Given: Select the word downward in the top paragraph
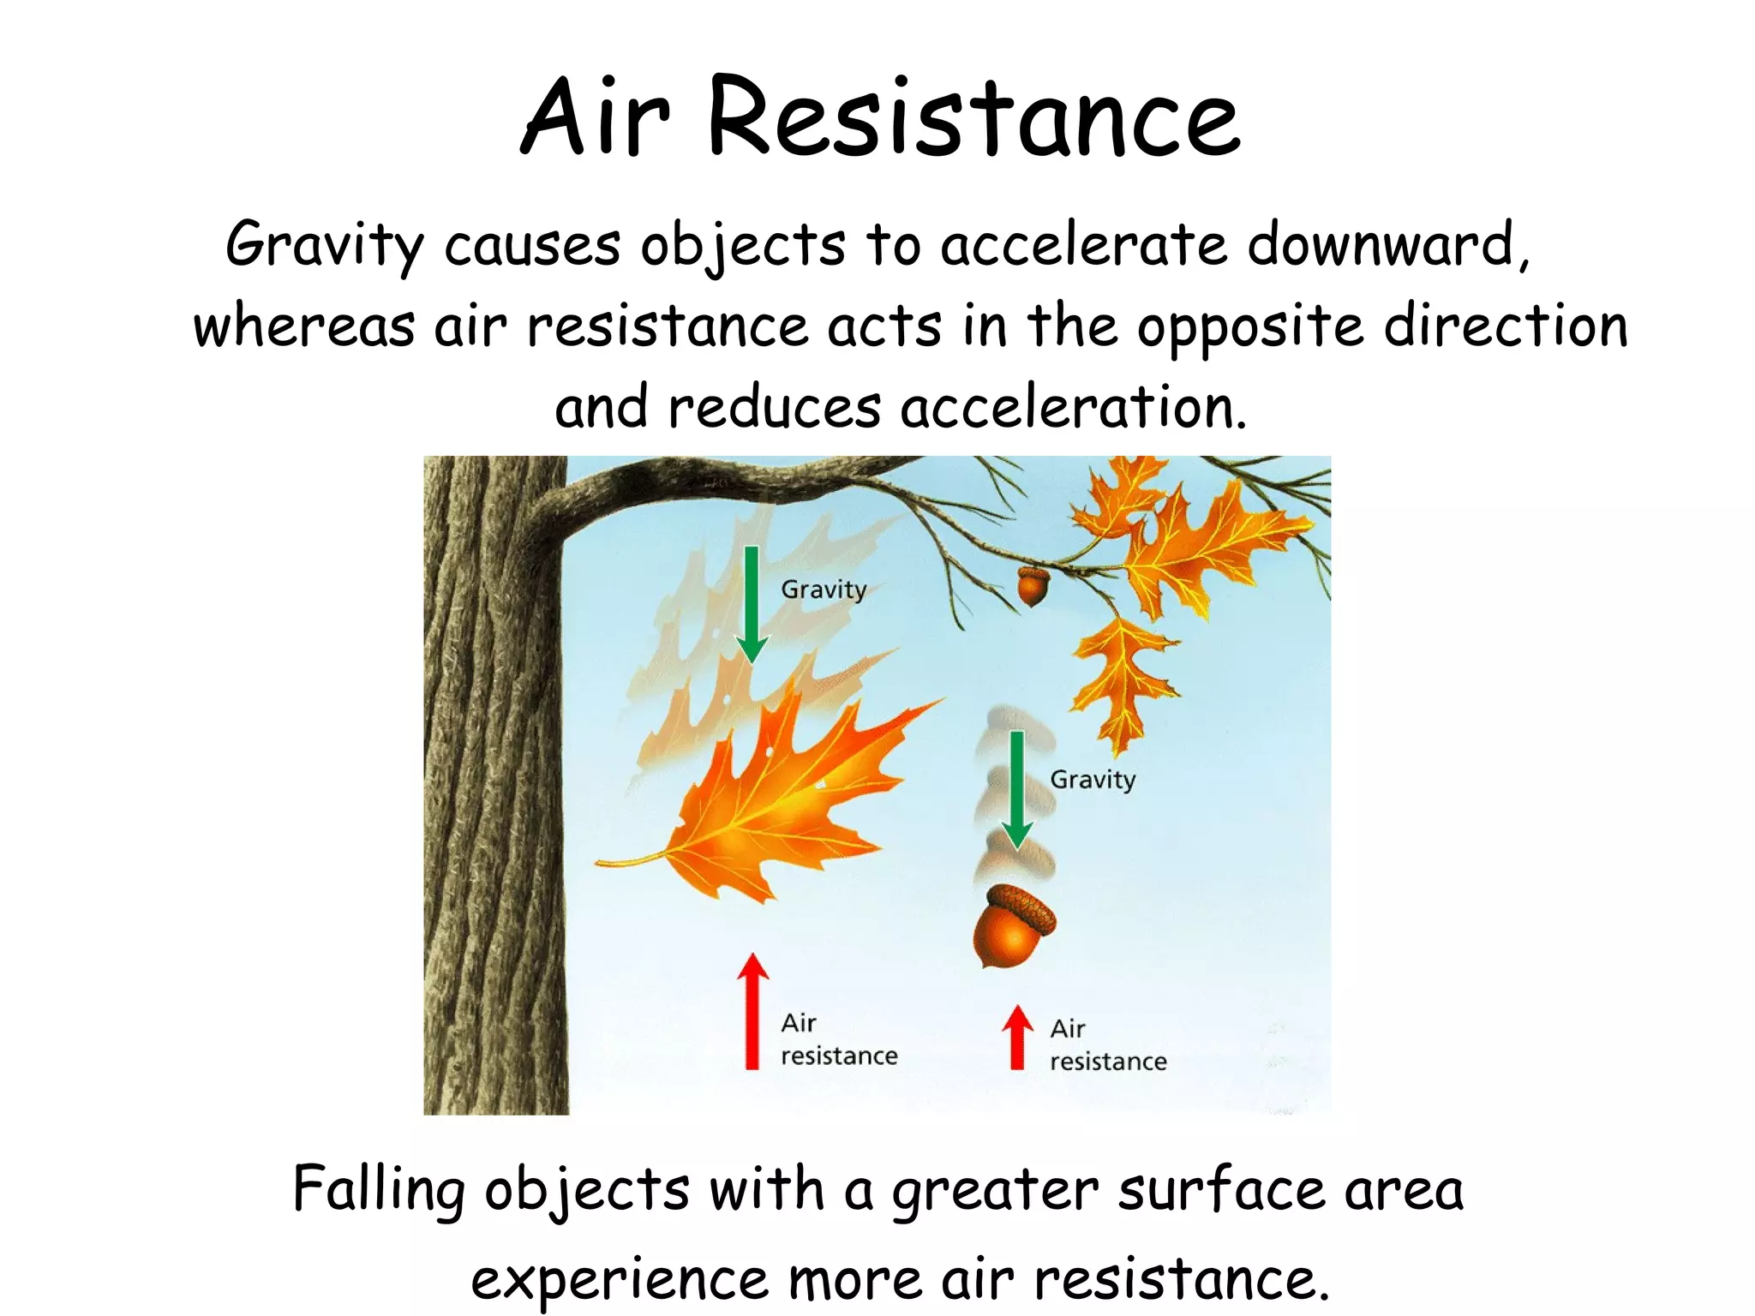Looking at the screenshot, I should (x=1387, y=244).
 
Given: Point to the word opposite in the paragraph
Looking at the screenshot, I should (x=1249, y=328).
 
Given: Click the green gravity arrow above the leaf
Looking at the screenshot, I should (x=752, y=604).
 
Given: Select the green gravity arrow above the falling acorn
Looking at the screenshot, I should (x=1016, y=789).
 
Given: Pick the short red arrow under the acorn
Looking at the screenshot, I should (x=1017, y=1038).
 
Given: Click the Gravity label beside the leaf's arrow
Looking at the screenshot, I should (x=824, y=589).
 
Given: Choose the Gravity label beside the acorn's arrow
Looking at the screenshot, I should (x=1093, y=780).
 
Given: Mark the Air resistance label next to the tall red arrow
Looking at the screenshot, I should (x=838, y=1039).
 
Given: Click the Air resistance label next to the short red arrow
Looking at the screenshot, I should (x=1107, y=1045).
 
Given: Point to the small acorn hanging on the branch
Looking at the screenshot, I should (x=1032, y=586).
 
